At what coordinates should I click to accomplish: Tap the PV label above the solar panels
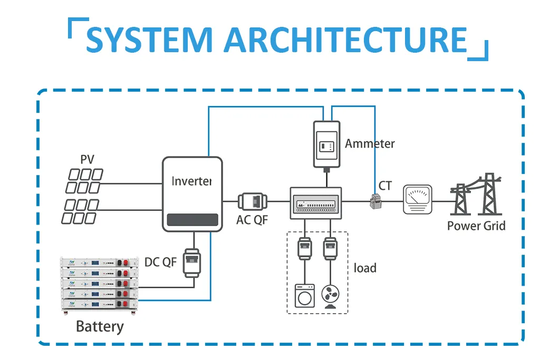(x=87, y=159)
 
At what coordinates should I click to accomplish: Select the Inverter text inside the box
(x=191, y=181)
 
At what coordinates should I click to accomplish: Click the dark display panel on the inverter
(x=192, y=220)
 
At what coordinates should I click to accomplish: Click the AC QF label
(x=252, y=220)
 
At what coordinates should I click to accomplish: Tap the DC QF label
(x=160, y=262)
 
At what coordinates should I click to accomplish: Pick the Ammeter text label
(x=370, y=143)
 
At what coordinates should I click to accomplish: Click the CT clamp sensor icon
(x=376, y=201)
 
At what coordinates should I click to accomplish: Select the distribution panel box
(x=316, y=202)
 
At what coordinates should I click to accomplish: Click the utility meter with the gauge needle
(x=417, y=199)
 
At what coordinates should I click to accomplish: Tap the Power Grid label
(x=476, y=226)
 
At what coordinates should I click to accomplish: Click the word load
(x=365, y=268)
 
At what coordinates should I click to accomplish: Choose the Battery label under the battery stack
(x=100, y=326)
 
